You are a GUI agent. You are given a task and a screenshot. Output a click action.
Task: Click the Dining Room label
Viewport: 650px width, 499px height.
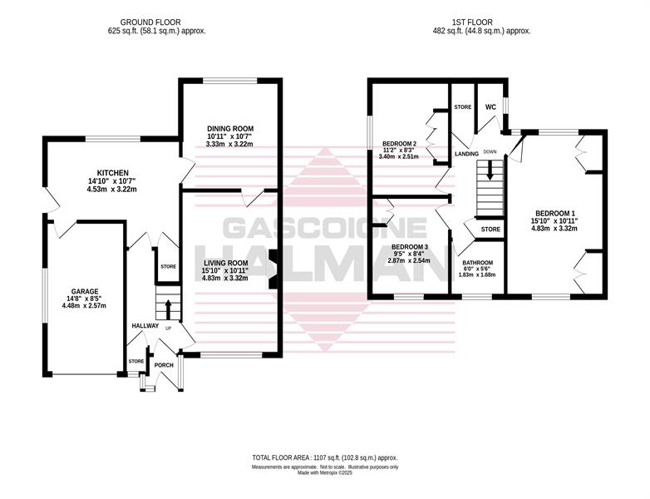[x=230, y=129]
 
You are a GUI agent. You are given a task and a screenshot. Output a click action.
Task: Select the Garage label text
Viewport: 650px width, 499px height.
[x=85, y=292]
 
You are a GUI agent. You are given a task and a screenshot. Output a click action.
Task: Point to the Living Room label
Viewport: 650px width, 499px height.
[x=225, y=263]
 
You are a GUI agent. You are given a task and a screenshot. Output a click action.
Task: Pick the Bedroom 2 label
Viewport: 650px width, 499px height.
[x=399, y=144]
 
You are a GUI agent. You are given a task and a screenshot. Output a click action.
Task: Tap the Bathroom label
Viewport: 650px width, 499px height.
[x=478, y=263]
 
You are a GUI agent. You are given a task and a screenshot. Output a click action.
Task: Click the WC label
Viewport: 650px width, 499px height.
[x=490, y=107]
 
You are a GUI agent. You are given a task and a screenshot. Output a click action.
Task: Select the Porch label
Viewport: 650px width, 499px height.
[x=164, y=365]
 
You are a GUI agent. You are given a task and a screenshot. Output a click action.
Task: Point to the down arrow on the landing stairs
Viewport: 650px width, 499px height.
[x=490, y=170]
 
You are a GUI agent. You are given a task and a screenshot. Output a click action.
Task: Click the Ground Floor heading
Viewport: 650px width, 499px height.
[x=150, y=22]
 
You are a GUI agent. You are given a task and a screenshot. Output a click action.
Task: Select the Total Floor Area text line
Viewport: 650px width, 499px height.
[x=325, y=458]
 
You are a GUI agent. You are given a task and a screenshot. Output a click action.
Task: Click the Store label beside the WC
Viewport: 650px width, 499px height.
[x=463, y=107]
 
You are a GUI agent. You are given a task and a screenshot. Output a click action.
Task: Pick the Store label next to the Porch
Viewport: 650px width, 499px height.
[x=136, y=361]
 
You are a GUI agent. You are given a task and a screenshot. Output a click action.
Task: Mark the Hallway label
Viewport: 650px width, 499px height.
[x=145, y=326]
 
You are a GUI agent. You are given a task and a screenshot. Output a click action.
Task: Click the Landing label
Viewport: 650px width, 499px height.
[x=467, y=154]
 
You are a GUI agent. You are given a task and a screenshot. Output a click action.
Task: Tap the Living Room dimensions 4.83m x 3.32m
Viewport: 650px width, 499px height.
[x=225, y=278]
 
